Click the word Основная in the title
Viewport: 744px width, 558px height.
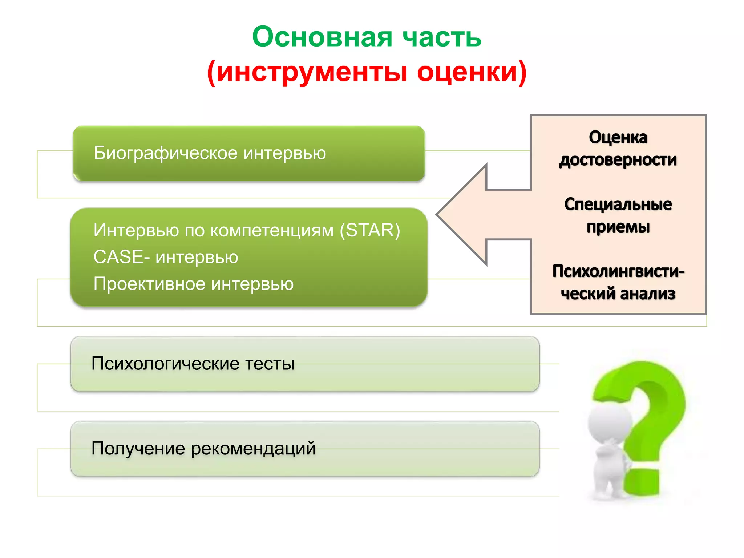pyautogui.click(x=322, y=37)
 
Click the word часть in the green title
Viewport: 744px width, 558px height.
pyautogui.click(x=442, y=37)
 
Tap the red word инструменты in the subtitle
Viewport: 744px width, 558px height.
pyautogui.click(x=312, y=72)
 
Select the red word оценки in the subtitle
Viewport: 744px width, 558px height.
pyautogui.click(x=467, y=72)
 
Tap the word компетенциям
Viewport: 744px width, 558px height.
pyautogui.click(x=272, y=230)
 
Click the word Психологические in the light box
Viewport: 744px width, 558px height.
pyautogui.click(x=165, y=364)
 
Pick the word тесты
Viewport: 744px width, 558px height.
pyautogui.click(x=270, y=364)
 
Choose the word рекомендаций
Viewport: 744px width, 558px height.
pyautogui.click(x=253, y=449)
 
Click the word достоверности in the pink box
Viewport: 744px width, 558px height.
pyautogui.click(x=618, y=160)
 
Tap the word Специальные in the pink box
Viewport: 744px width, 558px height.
pyautogui.click(x=618, y=205)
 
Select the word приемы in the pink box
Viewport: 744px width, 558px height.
pyautogui.click(x=618, y=227)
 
